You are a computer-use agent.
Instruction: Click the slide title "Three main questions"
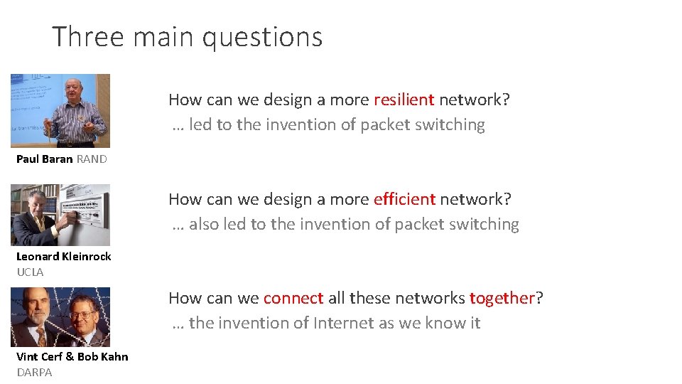[x=188, y=37]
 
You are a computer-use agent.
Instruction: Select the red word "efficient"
[x=404, y=199]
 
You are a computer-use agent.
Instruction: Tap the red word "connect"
[x=293, y=298]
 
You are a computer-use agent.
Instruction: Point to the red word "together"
[x=502, y=298]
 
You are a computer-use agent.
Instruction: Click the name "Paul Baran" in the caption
[x=44, y=159]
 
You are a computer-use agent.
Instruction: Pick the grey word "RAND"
[x=92, y=159]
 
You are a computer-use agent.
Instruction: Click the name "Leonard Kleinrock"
[x=64, y=257]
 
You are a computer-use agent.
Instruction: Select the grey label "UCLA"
[x=30, y=272]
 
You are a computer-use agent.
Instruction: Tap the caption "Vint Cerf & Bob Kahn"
[x=72, y=357]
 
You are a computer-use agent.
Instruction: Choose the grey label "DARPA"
[x=34, y=373]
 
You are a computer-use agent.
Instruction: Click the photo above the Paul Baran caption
[x=60, y=111]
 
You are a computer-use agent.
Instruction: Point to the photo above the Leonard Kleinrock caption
[x=60, y=215]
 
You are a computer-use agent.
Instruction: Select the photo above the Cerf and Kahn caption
[x=60, y=317]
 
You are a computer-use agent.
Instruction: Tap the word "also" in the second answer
[x=204, y=224]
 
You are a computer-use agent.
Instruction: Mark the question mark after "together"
[x=539, y=298]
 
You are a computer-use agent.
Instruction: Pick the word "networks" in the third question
[x=431, y=298]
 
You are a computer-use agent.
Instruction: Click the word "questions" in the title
[x=262, y=37]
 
